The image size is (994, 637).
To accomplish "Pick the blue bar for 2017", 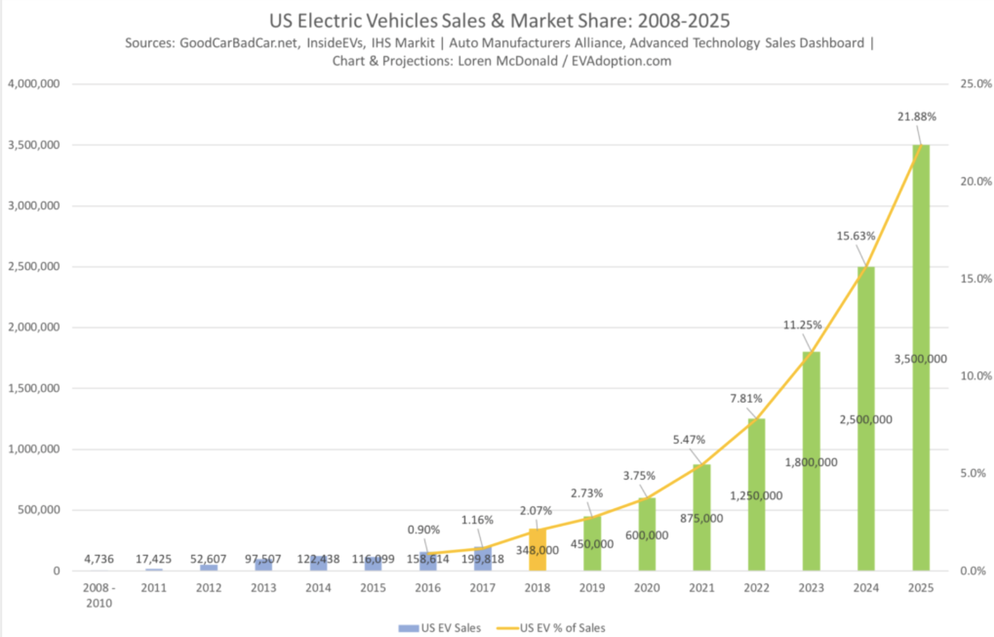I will click(483, 565).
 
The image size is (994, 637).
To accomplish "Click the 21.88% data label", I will click(917, 117).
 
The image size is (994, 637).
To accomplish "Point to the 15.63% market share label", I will click(855, 236).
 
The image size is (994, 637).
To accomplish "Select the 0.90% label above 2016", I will click(423, 530).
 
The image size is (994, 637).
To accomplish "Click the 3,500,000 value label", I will click(920, 359).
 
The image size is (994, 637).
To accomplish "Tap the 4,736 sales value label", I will click(99, 559).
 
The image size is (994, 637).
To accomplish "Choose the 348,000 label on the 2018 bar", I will click(537, 550).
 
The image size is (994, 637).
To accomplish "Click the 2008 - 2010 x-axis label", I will click(99, 595).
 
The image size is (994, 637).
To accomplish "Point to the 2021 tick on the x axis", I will click(701, 588).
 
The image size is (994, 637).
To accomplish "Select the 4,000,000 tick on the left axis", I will click(34, 84).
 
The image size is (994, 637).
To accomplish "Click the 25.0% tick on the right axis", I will click(975, 84).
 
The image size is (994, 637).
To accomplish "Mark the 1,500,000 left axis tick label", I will click(34, 388).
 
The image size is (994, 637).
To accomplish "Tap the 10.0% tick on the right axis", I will click(975, 376).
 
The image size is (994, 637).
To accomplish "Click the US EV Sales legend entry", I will click(440, 628).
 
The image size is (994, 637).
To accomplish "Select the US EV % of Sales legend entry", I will click(552, 628).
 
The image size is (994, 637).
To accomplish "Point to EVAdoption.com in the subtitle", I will click(621, 61).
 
